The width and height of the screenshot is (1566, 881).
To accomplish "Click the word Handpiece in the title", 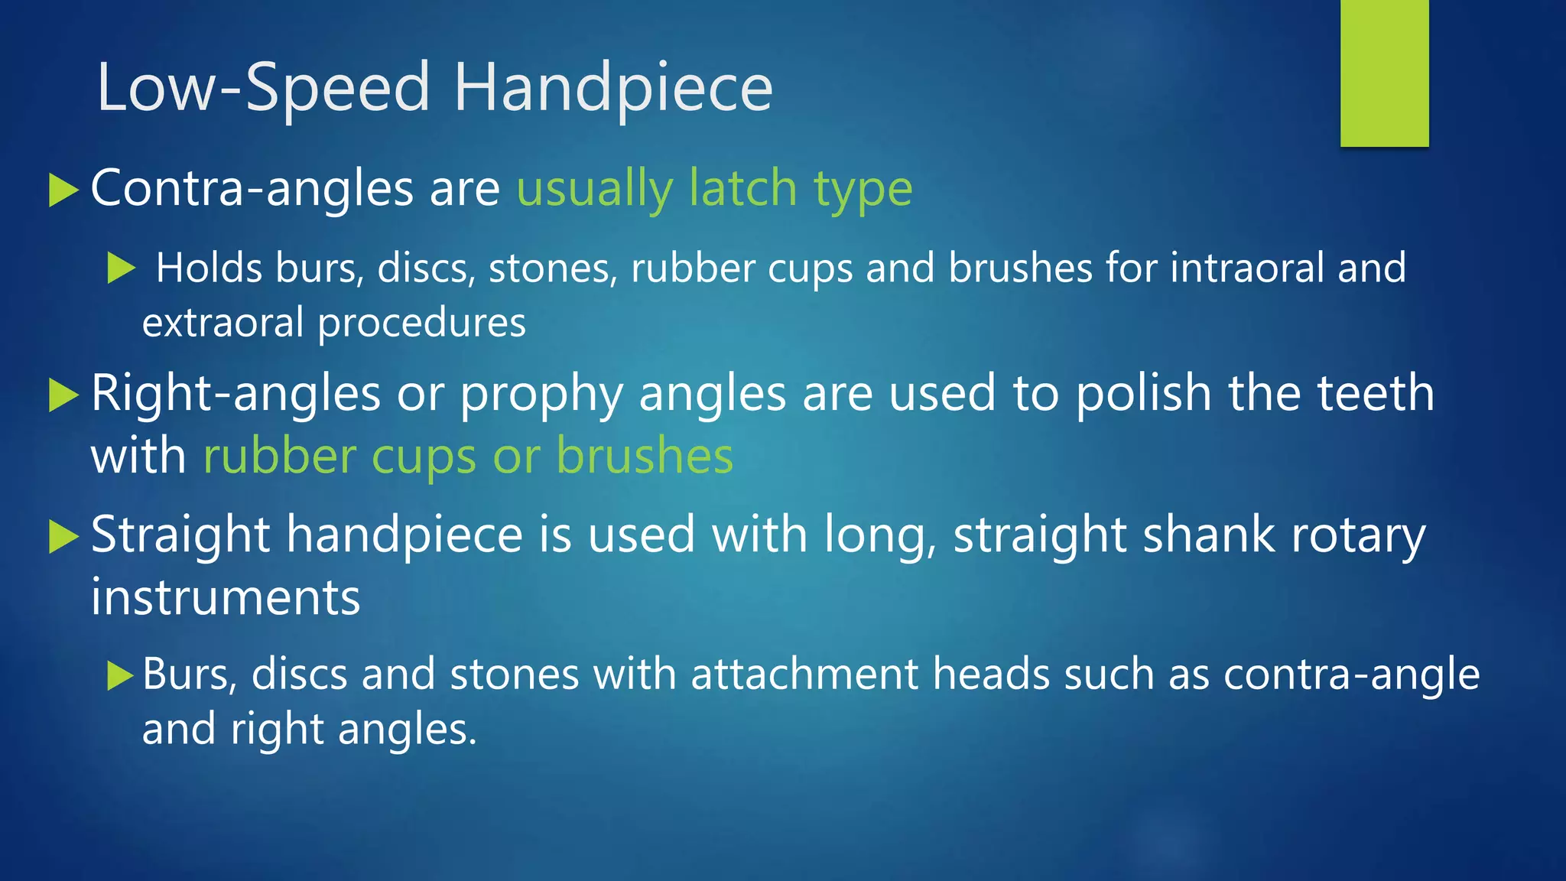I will click(613, 89).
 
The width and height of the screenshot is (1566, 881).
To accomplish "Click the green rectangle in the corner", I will click(1384, 73).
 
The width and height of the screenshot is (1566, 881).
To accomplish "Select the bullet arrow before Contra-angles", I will click(63, 190).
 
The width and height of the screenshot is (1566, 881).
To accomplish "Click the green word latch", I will click(742, 188).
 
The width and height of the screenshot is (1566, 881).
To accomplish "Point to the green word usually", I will click(595, 190).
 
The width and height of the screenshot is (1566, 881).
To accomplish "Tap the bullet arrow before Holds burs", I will click(121, 268).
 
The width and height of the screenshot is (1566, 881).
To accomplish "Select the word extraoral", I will click(223, 323).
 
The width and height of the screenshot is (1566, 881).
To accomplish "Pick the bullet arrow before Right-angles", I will click(63, 395).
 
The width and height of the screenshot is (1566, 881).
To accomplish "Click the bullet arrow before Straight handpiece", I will click(63, 536).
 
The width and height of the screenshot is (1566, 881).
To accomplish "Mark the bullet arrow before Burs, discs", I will click(121, 675).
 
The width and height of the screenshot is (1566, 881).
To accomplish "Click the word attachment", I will click(804, 675).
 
